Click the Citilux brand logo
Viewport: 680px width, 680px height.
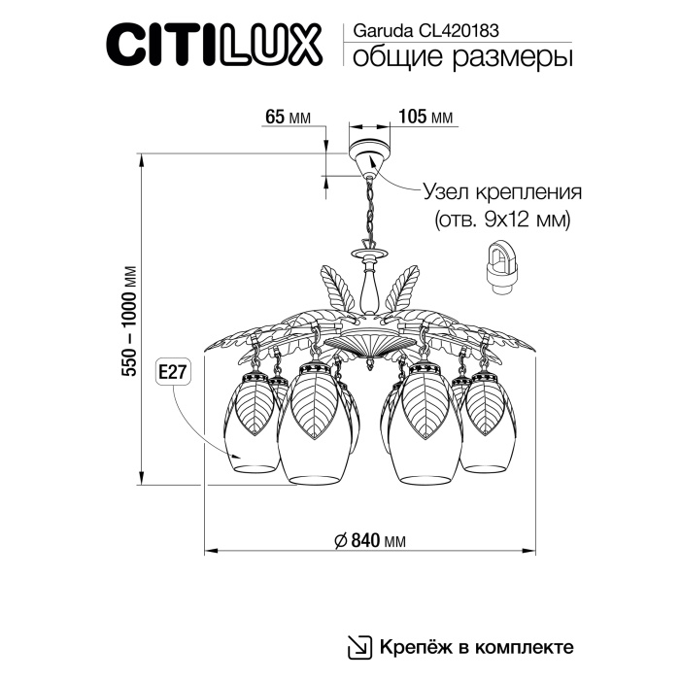coord(217,46)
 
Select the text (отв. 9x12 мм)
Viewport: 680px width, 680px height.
coord(501,220)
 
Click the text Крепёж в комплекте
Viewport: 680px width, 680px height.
coord(474,646)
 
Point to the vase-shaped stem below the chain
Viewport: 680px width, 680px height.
coord(369,285)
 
